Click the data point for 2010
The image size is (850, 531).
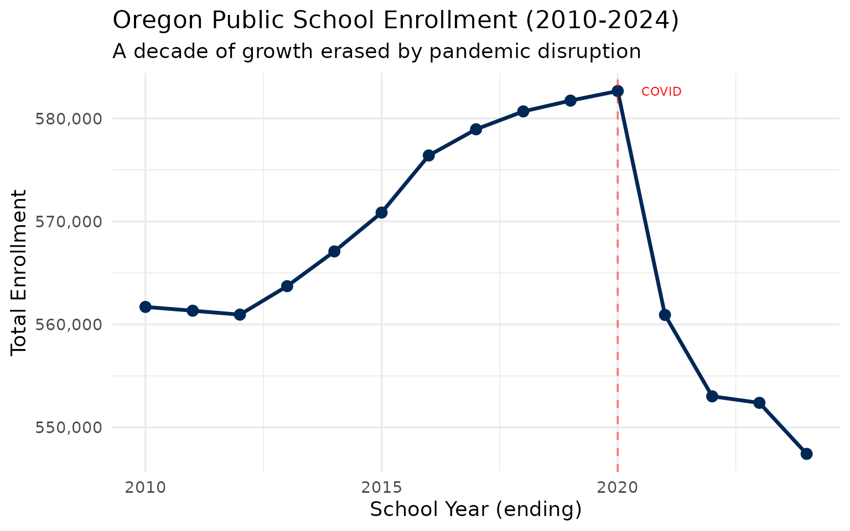[x=146, y=307]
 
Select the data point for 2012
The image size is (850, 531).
[x=240, y=315]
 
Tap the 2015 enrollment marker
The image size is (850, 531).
[x=381, y=212]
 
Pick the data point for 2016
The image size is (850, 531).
[x=429, y=155]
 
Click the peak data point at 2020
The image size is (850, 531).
[x=618, y=91]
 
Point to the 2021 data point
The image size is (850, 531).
[x=665, y=315]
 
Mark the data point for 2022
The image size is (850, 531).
[x=712, y=397]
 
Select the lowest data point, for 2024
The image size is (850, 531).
[x=807, y=454]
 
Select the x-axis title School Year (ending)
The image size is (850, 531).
[x=475, y=509]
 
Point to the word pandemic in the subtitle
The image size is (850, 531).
[x=480, y=51]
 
